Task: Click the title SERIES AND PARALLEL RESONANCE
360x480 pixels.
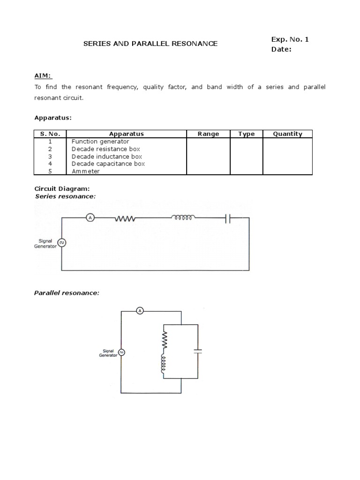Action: point(150,44)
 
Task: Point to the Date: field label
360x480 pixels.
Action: point(281,49)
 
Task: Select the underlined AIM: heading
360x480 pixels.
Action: point(44,76)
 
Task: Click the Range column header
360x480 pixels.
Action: point(208,134)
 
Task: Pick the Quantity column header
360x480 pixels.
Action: point(287,134)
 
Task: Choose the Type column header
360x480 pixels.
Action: point(246,134)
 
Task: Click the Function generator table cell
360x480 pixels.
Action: point(100,141)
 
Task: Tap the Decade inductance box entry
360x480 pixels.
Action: point(106,156)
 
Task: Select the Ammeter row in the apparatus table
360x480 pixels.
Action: point(85,171)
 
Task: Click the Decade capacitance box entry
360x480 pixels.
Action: point(108,164)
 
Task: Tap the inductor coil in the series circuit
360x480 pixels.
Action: point(183,217)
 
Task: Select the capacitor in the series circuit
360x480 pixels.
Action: point(227,218)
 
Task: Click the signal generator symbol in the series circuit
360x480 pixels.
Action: point(61,243)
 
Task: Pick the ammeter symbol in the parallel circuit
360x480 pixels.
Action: point(139,310)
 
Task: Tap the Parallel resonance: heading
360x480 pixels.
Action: point(67,293)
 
